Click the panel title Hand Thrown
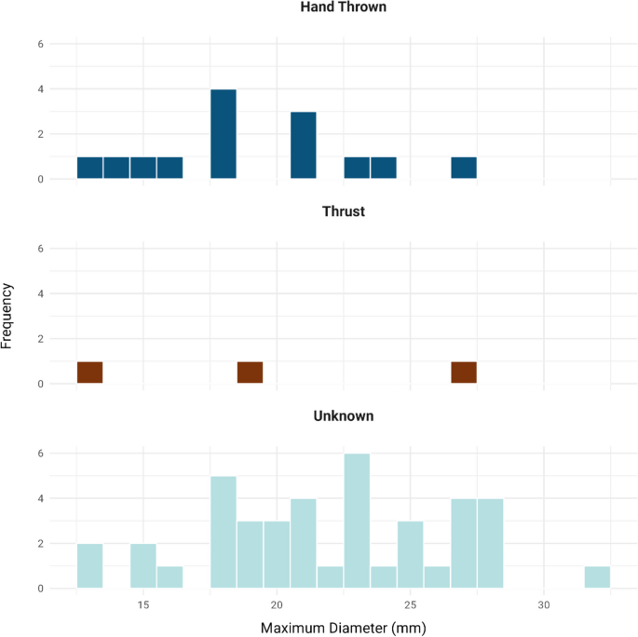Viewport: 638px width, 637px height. coord(344,7)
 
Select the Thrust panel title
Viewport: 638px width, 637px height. coord(344,211)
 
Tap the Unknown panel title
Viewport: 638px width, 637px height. coord(344,416)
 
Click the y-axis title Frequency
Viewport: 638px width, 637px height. coord(8,316)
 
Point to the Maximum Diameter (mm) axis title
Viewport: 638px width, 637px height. coord(344,628)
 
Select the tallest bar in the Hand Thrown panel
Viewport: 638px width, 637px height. coord(224,134)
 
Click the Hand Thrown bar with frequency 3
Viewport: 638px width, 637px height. coord(304,145)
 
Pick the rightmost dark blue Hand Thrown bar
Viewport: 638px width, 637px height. coord(464,169)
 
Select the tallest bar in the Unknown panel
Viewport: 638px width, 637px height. coord(357,521)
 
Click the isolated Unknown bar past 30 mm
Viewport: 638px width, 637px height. coord(597,577)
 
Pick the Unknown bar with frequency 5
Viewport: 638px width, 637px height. coord(224,532)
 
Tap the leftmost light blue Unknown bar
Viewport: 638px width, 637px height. coord(90,566)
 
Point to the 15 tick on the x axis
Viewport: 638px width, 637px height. coord(143,604)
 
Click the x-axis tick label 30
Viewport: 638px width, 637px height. coord(544,604)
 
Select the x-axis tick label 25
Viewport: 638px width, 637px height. coord(411,604)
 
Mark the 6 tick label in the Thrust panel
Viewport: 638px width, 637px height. coord(40,249)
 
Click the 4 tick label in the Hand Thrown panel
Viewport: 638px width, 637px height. coord(40,89)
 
